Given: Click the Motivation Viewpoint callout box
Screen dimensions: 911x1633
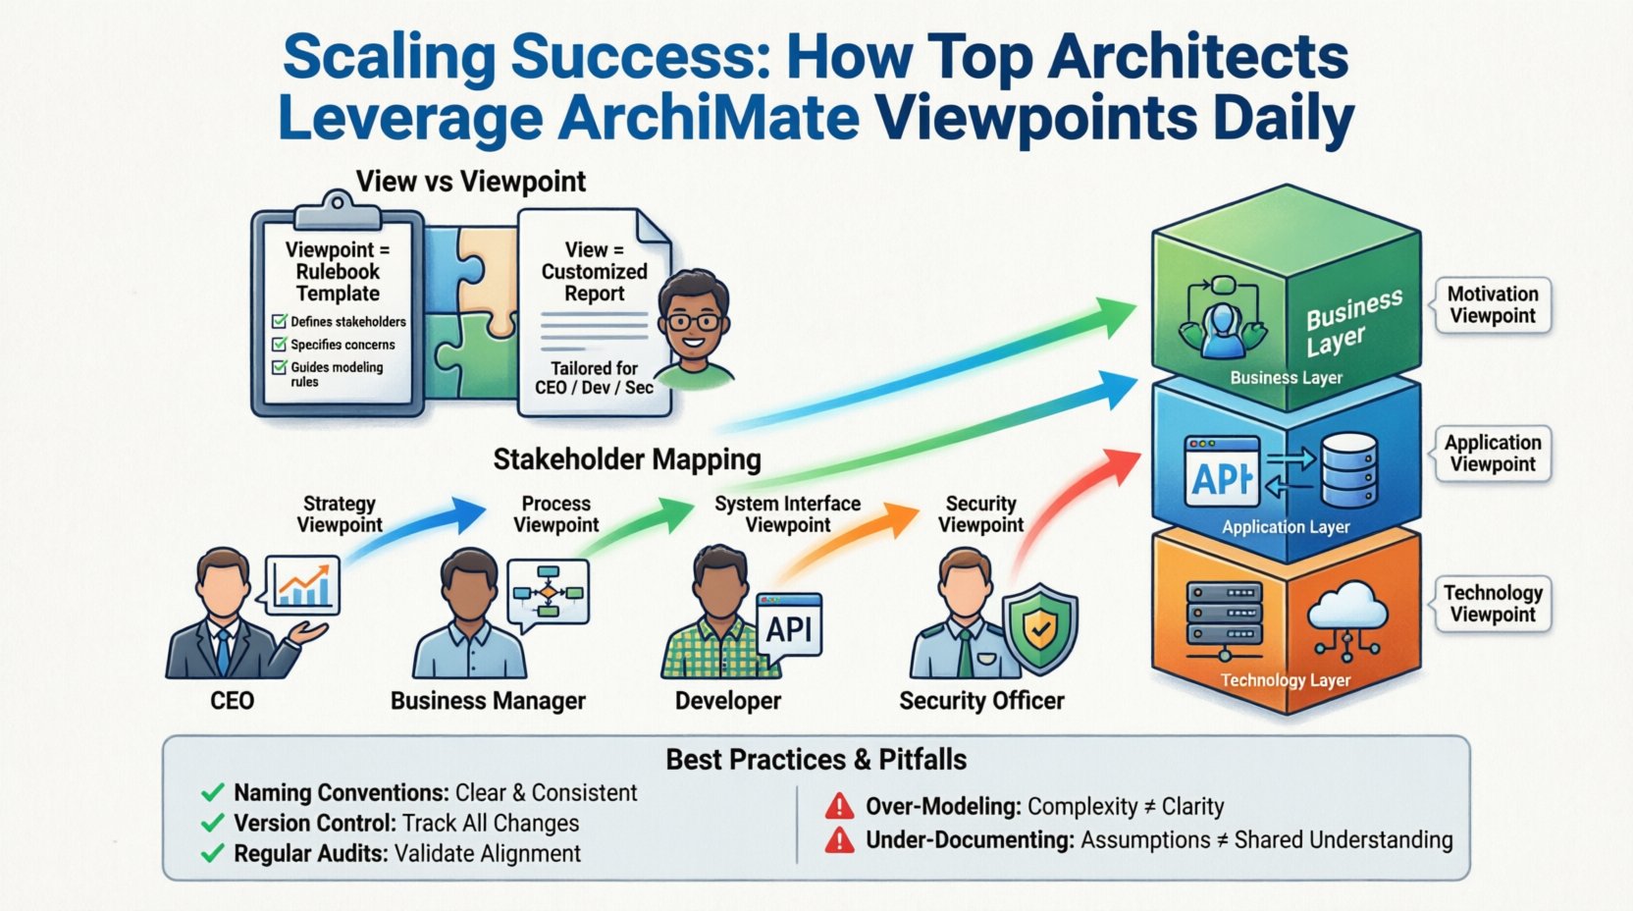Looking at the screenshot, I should [x=1493, y=305].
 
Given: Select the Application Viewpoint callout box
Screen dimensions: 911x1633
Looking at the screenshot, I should [x=1493, y=454].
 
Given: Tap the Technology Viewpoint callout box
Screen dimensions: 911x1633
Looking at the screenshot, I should [x=1493, y=604].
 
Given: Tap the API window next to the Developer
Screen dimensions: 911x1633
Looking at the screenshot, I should [x=789, y=625].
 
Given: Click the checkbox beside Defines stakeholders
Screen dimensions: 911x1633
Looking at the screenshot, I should [x=280, y=321].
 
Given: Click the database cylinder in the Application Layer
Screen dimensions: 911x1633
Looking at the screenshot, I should [x=1348, y=469].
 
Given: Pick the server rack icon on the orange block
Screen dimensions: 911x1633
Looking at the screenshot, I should [x=1224, y=617].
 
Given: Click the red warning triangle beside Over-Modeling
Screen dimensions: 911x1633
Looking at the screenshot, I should [x=839, y=807].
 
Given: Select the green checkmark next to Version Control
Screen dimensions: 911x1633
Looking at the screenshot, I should [x=212, y=824].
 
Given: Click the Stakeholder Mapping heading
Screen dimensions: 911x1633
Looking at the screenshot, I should [x=627, y=459].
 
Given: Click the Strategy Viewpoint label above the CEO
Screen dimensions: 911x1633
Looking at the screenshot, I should [x=340, y=514].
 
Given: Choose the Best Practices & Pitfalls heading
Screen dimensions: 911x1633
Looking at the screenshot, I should [x=816, y=760].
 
